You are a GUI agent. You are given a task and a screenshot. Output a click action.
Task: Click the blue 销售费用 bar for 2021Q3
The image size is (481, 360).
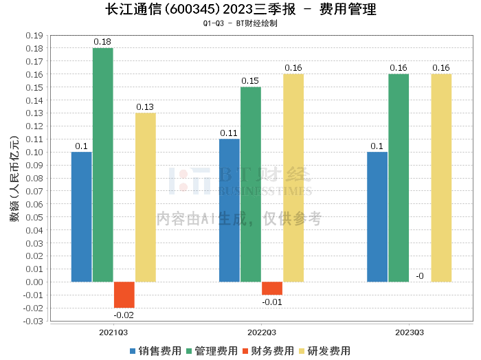pos(81,216)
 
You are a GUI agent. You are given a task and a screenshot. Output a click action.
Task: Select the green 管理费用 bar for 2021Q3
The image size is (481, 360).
pos(103,165)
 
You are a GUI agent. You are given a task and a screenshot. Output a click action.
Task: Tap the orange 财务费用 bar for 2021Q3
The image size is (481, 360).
pos(124,295)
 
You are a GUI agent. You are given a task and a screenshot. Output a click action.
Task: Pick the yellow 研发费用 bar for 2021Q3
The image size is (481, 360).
pos(146,197)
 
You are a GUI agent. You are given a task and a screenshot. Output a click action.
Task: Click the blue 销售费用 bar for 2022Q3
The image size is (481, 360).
pos(230,210)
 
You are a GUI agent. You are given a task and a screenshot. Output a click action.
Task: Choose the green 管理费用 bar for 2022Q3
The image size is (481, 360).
pos(251,184)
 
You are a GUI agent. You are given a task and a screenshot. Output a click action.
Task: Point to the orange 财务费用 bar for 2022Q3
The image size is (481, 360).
pos(272,289)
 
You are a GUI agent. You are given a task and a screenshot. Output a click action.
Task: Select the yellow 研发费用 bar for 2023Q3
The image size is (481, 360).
pos(441,178)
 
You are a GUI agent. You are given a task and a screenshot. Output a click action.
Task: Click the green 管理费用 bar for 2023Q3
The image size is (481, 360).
pos(399,178)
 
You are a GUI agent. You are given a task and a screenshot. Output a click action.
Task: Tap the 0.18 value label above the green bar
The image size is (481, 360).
pos(102,42)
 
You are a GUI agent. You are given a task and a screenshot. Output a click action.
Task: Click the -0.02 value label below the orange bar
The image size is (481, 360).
pos(124,315)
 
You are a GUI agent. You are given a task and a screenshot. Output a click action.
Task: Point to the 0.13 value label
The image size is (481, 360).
pos(145,106)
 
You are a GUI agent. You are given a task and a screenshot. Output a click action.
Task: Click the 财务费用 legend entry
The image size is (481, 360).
pos(269,351)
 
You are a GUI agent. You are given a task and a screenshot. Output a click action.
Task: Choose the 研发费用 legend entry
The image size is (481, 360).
pos(325,351)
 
